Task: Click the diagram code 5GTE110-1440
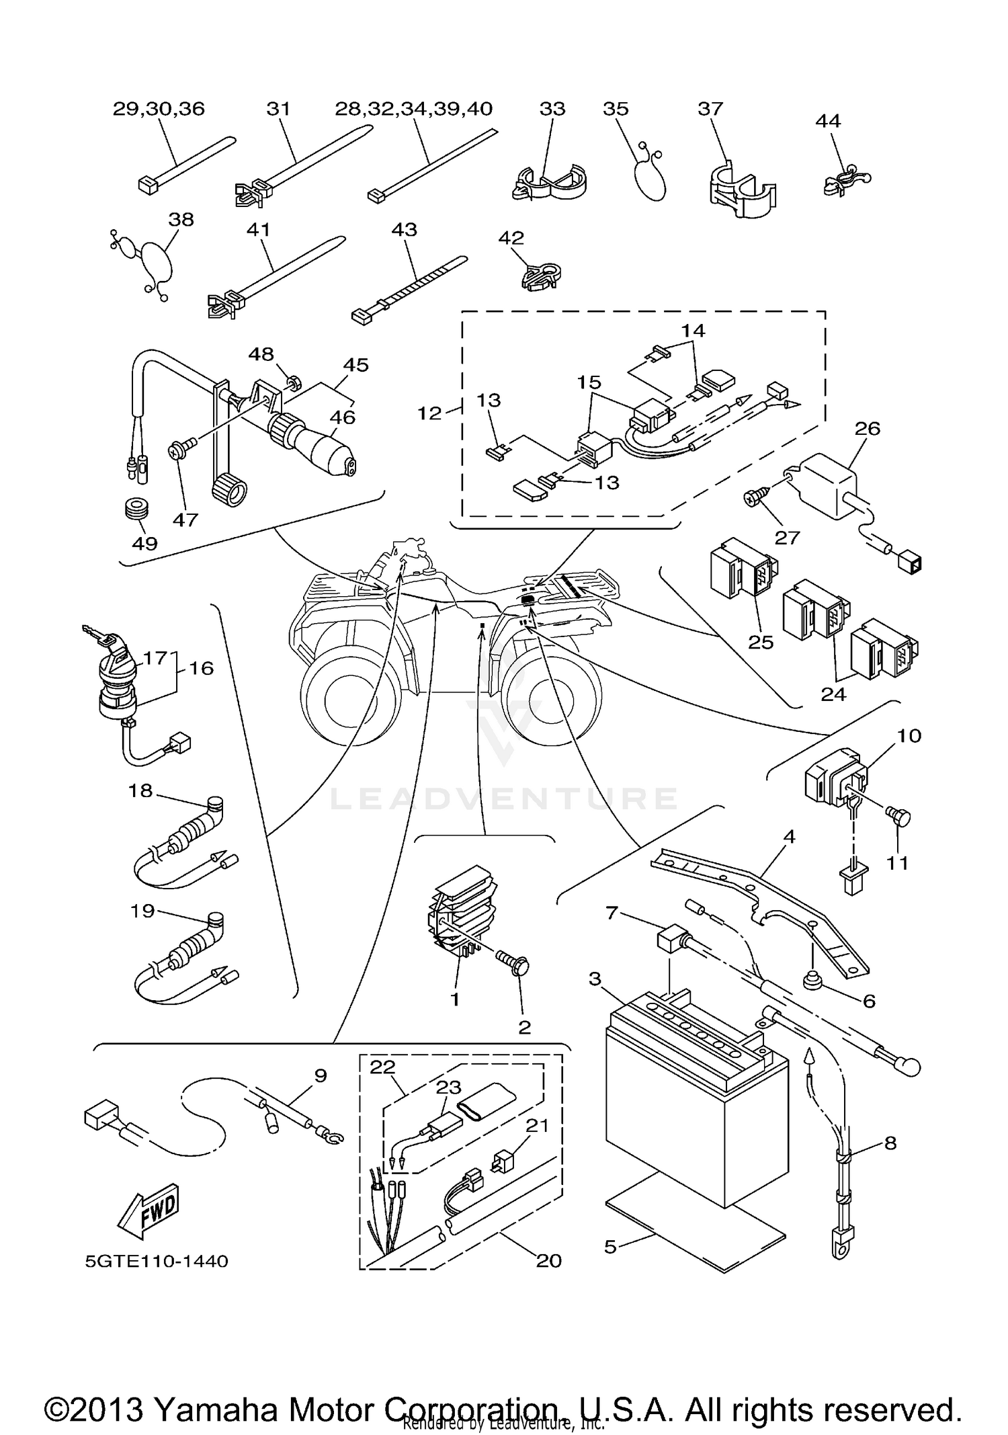tap(157, 1261)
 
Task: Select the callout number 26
tap(867, 428)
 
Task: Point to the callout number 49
tap(144, 542)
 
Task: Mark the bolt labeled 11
tap(900, 818)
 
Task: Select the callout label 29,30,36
tap(159, 109)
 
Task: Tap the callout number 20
tap(548, 1261)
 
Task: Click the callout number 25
tap(761, 642)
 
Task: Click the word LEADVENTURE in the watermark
tap(504, 798)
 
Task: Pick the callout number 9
tap(321, 1075)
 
